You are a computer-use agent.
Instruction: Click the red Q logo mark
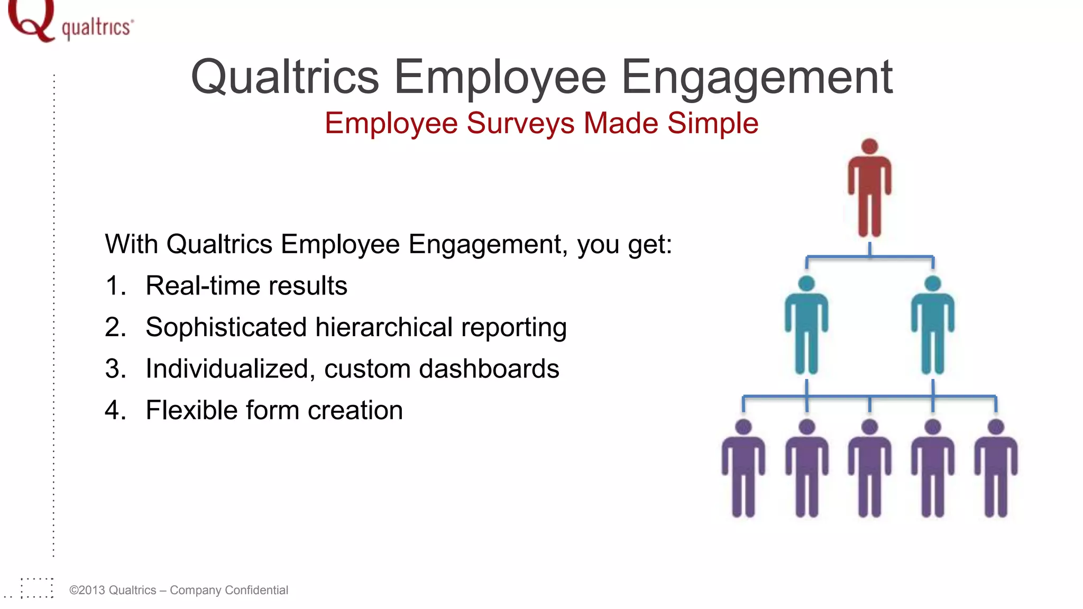pyautogui.click(x=31, y=20)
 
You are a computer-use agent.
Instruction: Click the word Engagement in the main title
pyautogui.click(x=757, y=78)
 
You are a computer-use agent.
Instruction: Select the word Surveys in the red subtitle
pyautogui.click(x=520, y=124)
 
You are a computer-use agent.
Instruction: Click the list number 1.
pyautogui.click(x=115, y=286)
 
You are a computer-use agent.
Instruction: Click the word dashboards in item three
pyautogui.click(x=489, y=368)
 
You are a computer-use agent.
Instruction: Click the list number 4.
pyautogui.click(x=115, y=410)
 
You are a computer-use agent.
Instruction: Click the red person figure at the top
pyautogui.click(x=869, y=190)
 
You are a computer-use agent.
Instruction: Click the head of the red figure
pyautogui.click(x=869, y=146)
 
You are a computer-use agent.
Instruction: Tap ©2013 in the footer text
pyautogui.click(x=86, y=590)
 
